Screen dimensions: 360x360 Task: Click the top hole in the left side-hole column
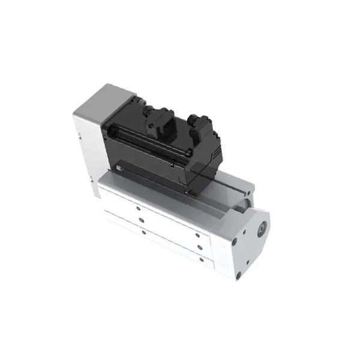tap(138, 208)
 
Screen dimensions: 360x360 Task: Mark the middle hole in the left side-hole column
tap(141, 220)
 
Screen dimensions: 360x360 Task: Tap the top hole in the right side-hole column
tap(197, 236)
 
